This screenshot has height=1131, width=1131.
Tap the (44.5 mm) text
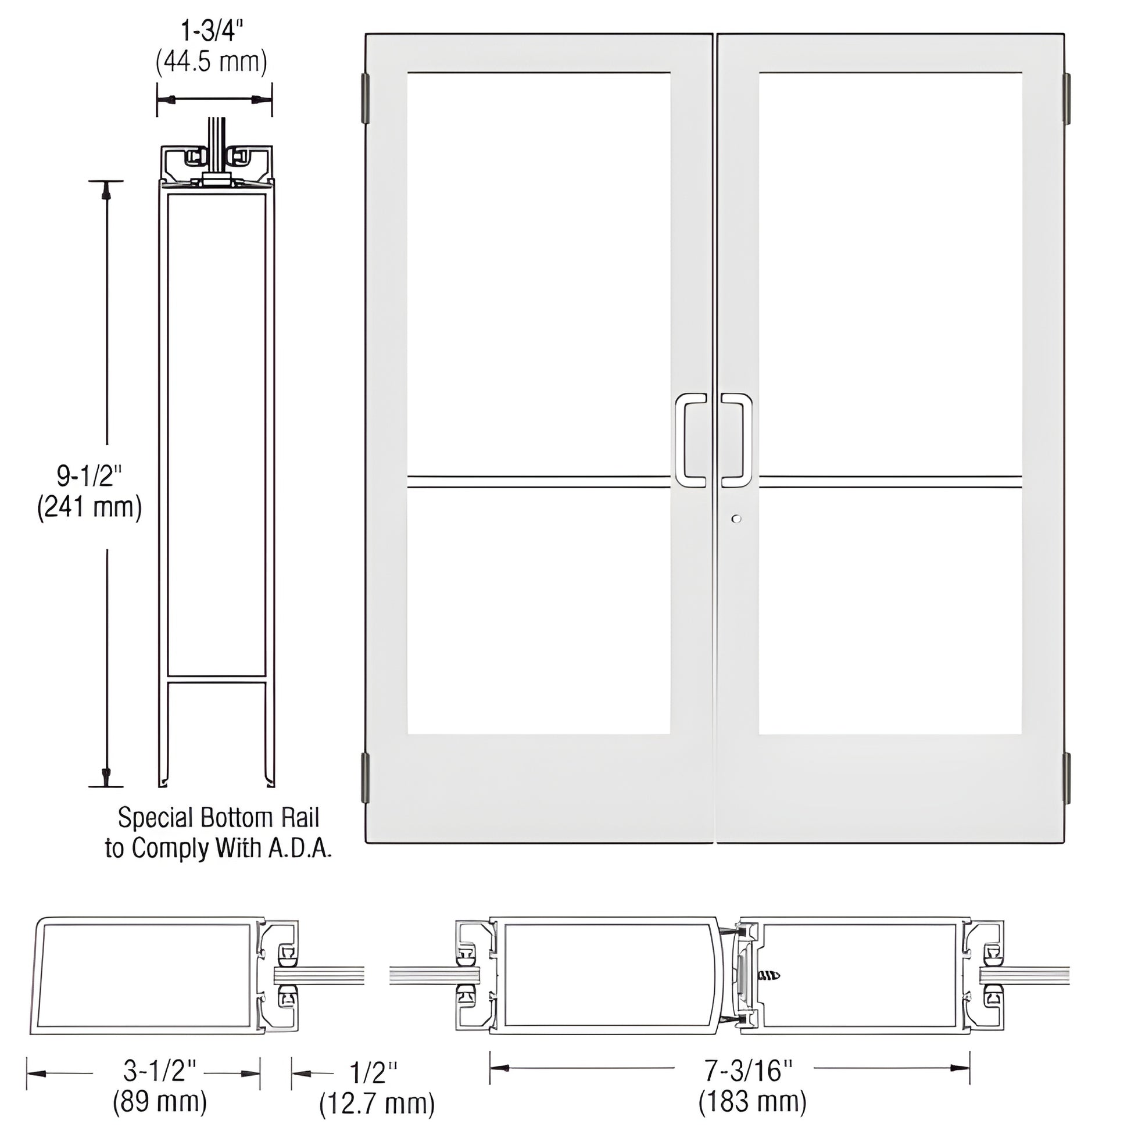212,62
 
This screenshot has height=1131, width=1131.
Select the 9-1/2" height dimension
90,476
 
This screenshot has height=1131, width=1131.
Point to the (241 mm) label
90,507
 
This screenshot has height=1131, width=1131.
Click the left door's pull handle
692,440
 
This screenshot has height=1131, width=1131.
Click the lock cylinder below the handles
736,518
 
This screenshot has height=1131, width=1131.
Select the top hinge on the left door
366,98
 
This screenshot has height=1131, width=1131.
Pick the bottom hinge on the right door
1066,778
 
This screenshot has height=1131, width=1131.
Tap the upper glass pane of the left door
539,274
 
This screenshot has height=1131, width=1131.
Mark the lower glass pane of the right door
890,612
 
